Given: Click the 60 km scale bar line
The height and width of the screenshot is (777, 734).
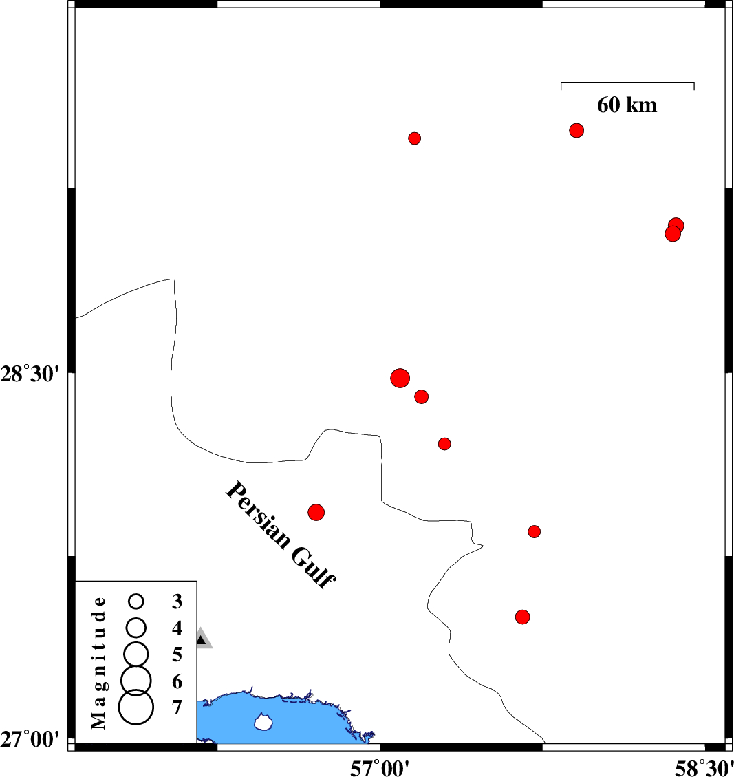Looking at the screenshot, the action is [627, 83].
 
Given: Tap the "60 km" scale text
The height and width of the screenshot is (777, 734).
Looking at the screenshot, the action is [627, 105].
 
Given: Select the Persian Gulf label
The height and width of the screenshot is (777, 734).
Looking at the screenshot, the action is [281, 535].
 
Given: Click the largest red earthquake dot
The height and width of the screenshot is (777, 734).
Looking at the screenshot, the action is [400, 378].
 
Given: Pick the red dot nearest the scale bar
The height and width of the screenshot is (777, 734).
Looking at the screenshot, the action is [576, 130].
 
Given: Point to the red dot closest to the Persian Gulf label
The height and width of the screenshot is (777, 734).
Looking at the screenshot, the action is [316, 512].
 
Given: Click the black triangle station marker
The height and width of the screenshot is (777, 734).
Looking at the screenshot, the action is [201, 640].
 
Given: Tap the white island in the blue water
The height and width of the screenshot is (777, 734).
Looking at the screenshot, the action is [264, 722].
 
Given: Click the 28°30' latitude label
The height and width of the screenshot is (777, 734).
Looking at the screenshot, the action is [30, 374].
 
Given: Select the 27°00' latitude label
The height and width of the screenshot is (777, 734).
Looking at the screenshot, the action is [30, 740].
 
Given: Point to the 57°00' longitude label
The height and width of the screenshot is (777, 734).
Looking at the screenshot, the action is [380, 768].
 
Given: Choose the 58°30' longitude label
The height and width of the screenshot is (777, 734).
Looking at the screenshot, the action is [704, 768].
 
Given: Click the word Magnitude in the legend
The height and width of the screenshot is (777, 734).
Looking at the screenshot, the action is [99, 663].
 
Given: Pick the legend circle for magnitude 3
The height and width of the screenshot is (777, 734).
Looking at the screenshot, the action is [136, 602].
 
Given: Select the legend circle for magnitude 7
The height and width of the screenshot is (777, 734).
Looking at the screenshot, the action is [136, 707].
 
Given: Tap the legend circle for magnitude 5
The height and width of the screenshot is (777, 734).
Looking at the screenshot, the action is [136, 654].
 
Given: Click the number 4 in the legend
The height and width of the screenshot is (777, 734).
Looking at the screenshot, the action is [177, 628].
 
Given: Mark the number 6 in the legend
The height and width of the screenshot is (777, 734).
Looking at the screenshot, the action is [177, 681].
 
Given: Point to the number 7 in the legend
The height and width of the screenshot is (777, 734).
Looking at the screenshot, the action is [177, 707].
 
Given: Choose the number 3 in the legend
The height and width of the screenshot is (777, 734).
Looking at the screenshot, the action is [177, 602].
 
